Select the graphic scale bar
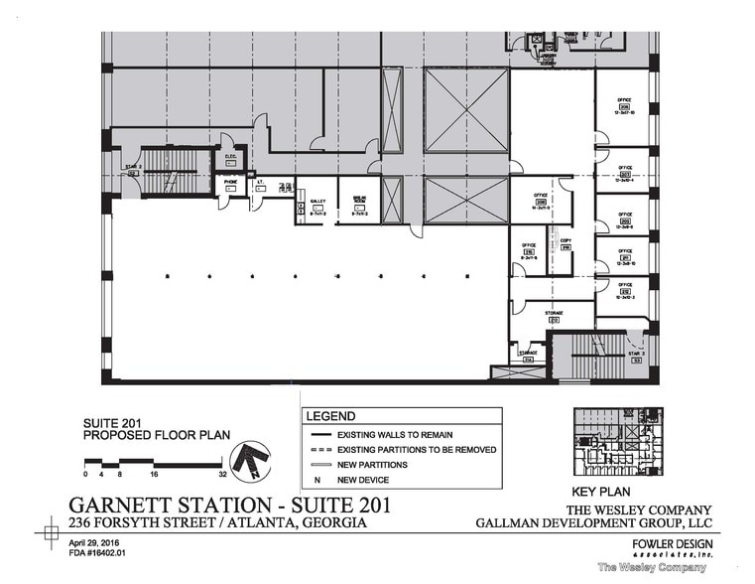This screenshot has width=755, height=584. [x=149, y=462]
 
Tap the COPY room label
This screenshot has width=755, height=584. [x=566, y=242]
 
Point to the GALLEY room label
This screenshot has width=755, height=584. [x=317, y=204]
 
